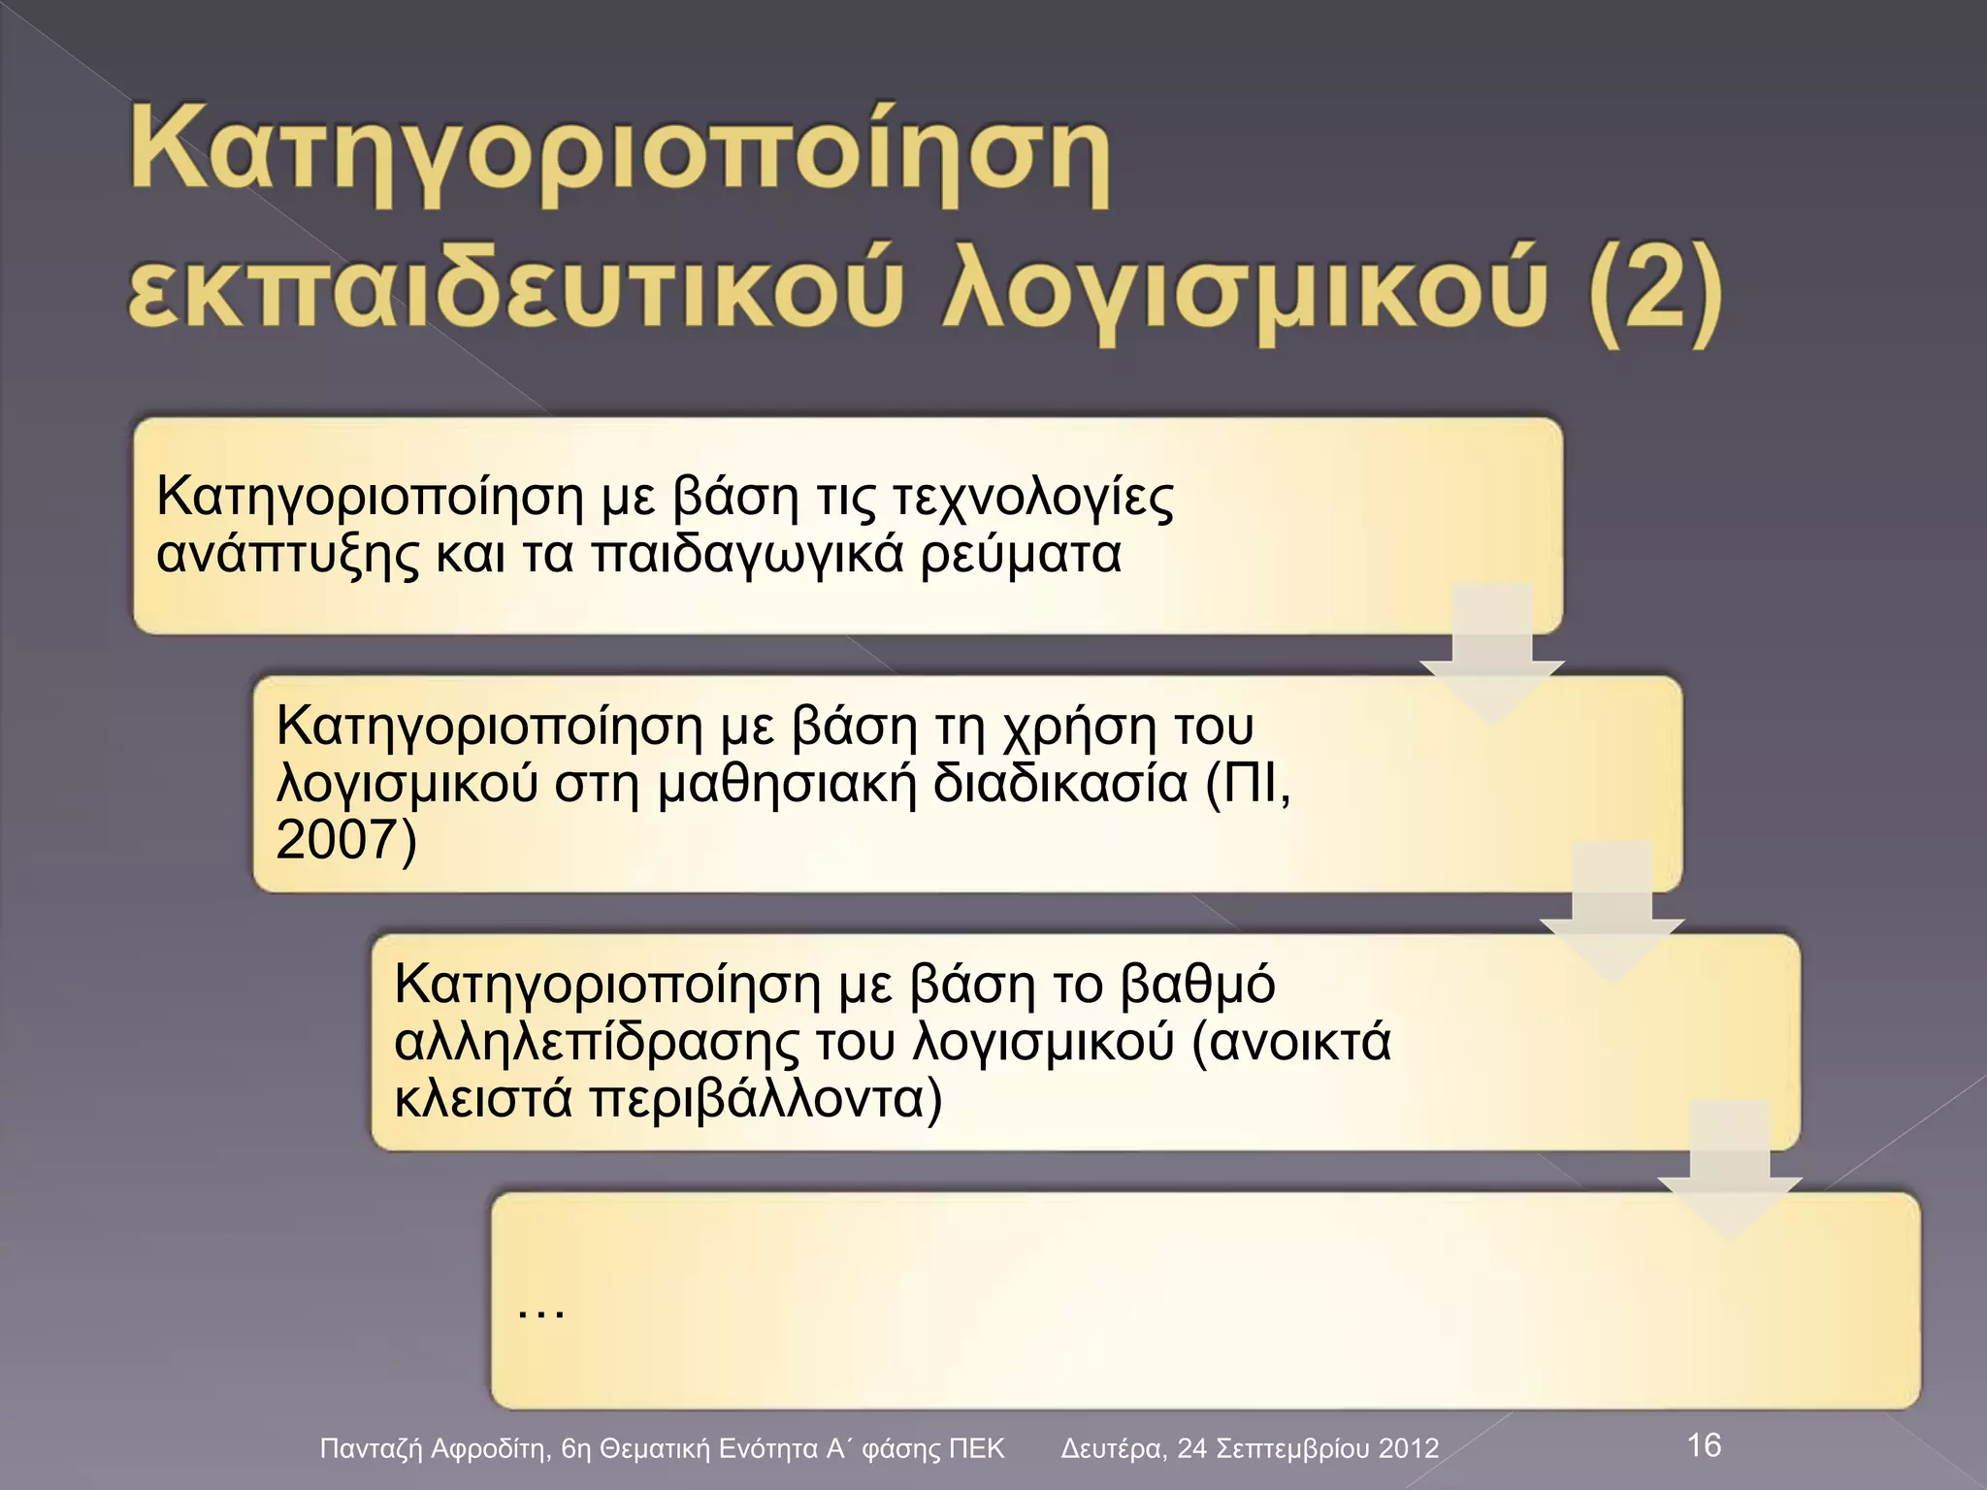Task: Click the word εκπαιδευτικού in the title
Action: tap(509, 291)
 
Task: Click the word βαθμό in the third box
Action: tap(1197, 986)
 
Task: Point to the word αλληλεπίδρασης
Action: tap(598, 1043)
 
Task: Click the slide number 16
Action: tap(1704, 1444)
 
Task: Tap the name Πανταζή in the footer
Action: tap(372, 1449)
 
